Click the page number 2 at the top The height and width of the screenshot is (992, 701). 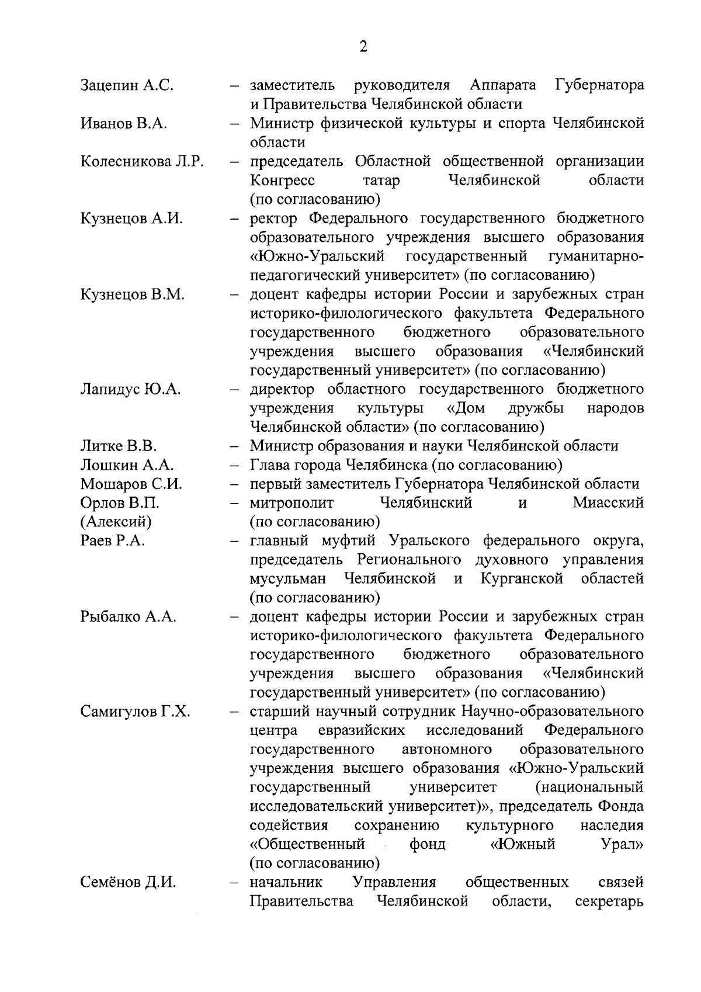pyautogui.click(x=363, y=47)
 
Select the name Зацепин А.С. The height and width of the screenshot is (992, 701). pyautogui.click(x=127, y=85)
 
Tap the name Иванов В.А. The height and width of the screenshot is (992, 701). pyautogui.click(x=124, y=124)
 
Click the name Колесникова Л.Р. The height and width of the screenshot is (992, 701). pyautogui.click(x=142, y=162)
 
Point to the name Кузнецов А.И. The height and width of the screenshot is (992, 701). pyautogui.click(x=131, y=219)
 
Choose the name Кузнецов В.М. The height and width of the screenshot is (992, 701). pyautogui.click(x=133, y=295)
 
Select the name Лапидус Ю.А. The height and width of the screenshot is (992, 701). pyautogui.click(x=130, y=390)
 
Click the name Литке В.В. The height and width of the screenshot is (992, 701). pyautogui.click(x=119, y=447)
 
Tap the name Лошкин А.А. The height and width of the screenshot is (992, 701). pyautogui.click(x=127, y=466)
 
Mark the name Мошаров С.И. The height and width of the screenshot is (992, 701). pyautogui.click(x=131, y=484)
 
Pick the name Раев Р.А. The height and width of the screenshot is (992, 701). pyautogui.click(x=112, y=541)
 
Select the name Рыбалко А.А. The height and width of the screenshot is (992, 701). pyautogui.click(x=128, y=617)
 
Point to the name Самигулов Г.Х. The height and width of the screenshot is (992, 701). pyautogui.click(x=135, y=712)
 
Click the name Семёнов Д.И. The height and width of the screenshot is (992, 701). pyautogui.click(x=128, y=883)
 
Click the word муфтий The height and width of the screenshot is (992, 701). pyautogui.click(x=357, y=541)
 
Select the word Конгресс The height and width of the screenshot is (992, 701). pyautogui.click(x=282, y=181)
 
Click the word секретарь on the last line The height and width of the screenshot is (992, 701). pyautogui.click(x=609, y=901)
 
